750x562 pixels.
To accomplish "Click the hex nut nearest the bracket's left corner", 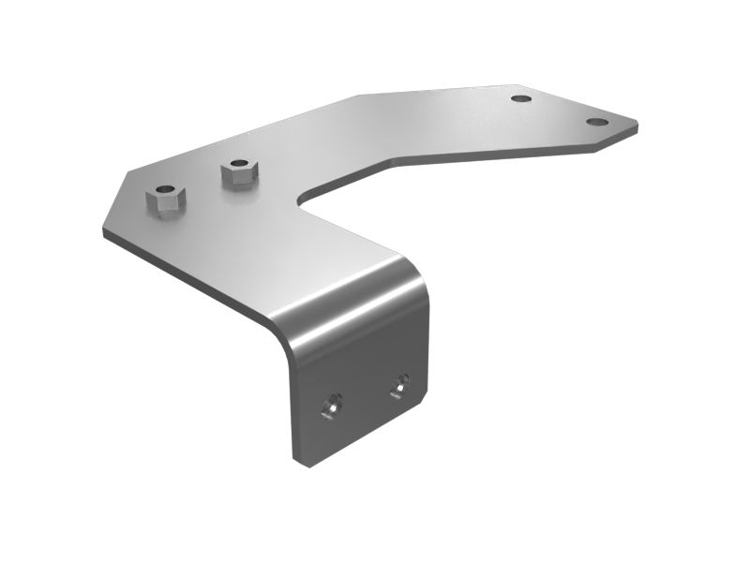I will click(x=166, y=200).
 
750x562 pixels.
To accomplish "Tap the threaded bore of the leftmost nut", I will click(x=166, y=193).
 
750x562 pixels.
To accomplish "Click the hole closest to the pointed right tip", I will click(x=596, y=122).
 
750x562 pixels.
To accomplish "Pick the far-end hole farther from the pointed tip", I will click(x=521, y=98).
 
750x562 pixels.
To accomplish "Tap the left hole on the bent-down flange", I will click(x=329, y=405).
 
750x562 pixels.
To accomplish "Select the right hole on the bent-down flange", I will click(x=400, y=382).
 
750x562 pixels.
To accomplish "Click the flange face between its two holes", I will click(x=366, y=393).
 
